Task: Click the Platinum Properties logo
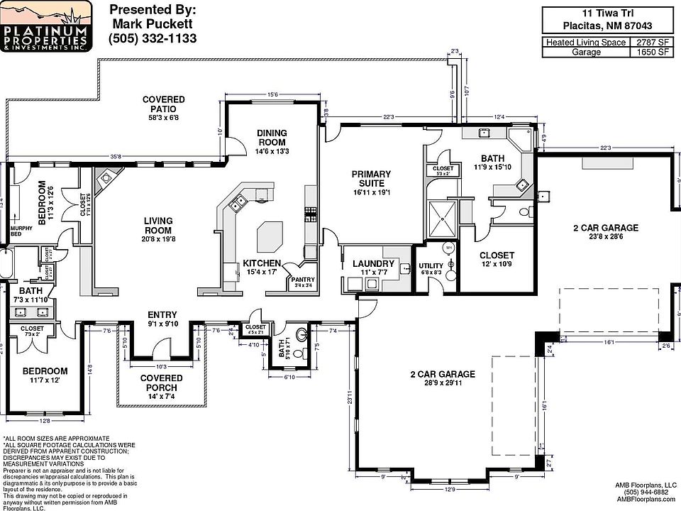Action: tap(46, 26)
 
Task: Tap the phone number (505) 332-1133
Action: tap(153, 38)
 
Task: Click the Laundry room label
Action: tap(372, 264)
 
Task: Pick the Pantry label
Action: tap(303, 280)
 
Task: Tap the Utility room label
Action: tap(431, 265)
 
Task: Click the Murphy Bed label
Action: tap(17, 231)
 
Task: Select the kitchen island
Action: tap(270, 235)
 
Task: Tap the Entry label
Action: tap(162, 315)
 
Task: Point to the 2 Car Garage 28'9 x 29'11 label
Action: tap(442, 375)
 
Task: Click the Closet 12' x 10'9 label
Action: tap(497, 255)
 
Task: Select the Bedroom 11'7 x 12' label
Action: tap(45, 371)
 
